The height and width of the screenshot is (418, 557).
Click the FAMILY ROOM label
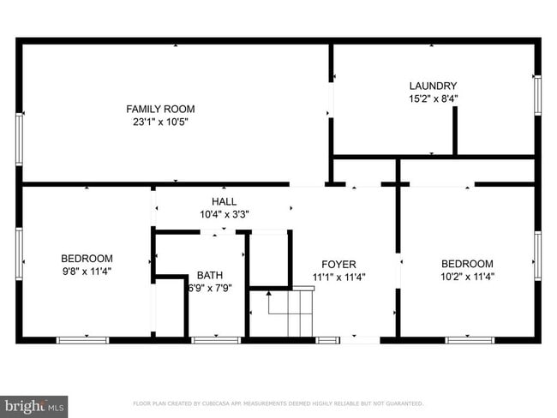160,109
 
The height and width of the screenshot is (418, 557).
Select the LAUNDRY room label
433,86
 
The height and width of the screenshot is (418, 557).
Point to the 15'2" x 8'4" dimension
433,99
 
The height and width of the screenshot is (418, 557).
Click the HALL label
224,201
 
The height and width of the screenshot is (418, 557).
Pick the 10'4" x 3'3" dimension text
224,214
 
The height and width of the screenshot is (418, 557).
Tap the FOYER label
338,264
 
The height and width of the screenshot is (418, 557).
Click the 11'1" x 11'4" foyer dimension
338,277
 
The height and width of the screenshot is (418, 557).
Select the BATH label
209,275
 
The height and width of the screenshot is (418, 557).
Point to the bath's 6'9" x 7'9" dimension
209,288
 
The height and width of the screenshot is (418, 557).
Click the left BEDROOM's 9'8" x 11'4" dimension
87,271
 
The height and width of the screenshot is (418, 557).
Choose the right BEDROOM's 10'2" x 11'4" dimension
467,277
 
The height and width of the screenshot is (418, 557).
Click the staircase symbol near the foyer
287,313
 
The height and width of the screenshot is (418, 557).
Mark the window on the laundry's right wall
538,94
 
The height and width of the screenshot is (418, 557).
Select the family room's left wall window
19,139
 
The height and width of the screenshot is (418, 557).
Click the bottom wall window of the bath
215,340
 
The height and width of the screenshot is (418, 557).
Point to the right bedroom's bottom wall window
470,340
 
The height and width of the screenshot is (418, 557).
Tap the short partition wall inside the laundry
455,131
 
